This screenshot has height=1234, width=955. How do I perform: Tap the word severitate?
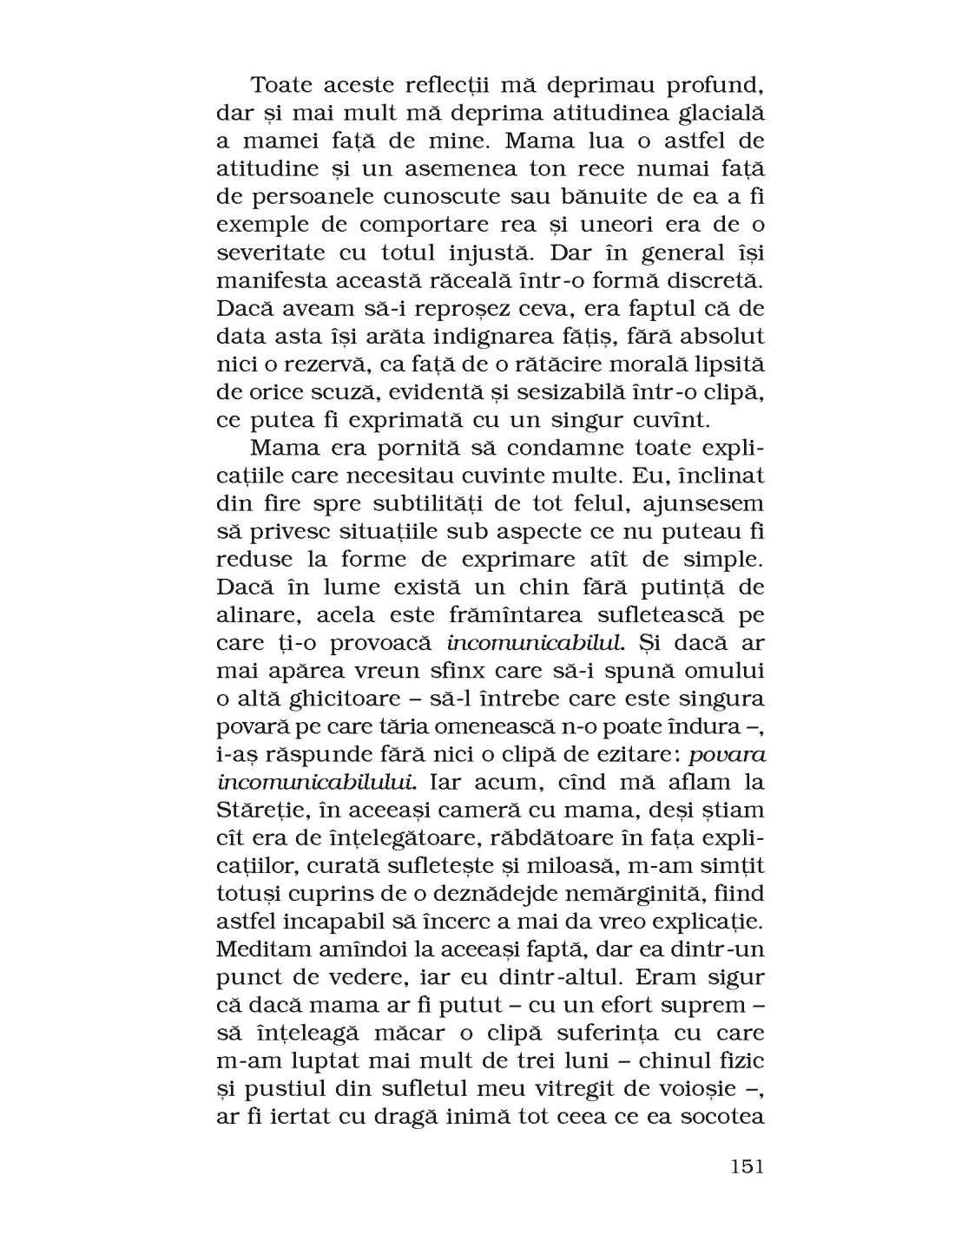271,253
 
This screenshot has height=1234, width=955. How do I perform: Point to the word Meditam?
266,950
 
